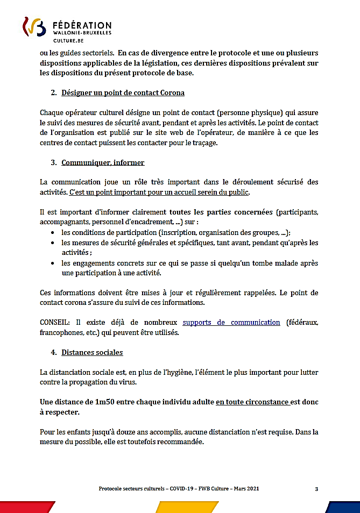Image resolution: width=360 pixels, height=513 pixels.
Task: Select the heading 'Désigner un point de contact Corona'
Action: pyautogui.click(x=123, y=93)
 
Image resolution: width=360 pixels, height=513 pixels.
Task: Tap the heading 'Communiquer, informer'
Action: pyautogui.click(x=103, y=162)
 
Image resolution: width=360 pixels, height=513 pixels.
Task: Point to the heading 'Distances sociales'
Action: pyautogui.click(x=92, y=352)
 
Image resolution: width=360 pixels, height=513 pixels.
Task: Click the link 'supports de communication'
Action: pyautogui.click(x=231, y=323)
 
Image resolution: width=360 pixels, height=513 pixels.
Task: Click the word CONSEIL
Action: pyautogui.click(x=54, y=323)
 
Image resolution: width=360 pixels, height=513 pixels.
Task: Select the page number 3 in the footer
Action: pyautogui.click(x=316, y=489)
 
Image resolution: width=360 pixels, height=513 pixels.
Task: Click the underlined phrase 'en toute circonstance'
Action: pyautogui.click(x=252, y=402)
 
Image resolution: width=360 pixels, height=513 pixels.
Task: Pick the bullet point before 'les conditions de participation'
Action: pyautogui.click(x=51, y=233)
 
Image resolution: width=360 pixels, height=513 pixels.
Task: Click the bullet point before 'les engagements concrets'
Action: pyautogui.click(x=51, y=263)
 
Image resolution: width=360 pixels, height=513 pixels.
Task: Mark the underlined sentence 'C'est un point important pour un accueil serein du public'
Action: pyautogui.click(x=160, y=192)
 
